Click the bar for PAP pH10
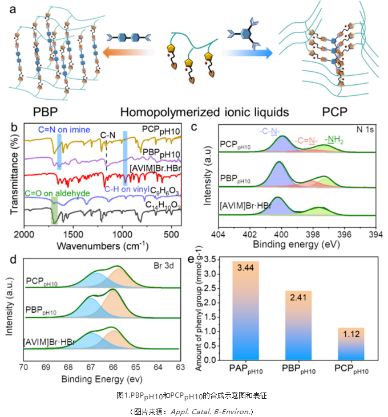pos(245,310)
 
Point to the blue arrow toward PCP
pos(249,53)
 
